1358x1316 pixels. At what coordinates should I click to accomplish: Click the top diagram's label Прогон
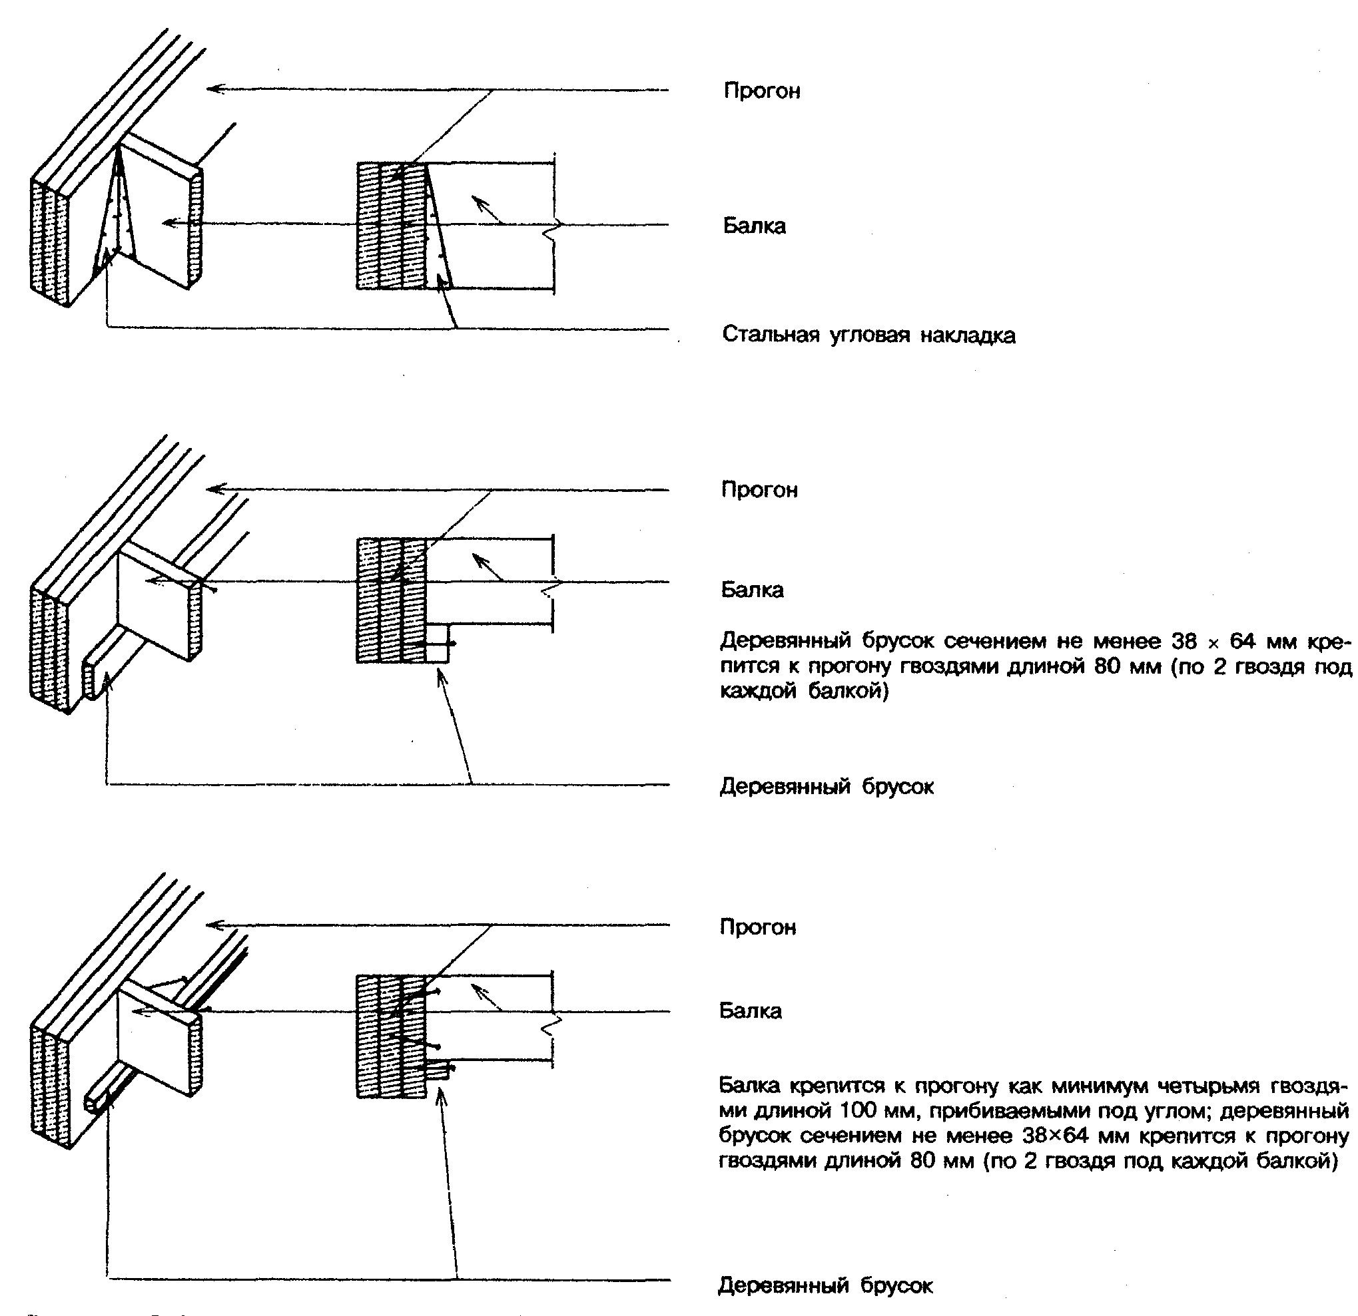[x=761, y=91]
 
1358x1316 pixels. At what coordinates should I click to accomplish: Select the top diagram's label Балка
[x=754, y=226]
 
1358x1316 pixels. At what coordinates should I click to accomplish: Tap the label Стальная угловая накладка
[x=868, y=335]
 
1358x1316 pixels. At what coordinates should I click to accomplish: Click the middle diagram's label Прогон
[x=759, y=491]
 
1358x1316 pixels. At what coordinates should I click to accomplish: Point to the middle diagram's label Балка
[x=752, y=590]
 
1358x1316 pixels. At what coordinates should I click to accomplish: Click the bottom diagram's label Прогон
[x=758, y=927]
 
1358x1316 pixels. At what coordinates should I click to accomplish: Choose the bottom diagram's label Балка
[x=751, y=1011]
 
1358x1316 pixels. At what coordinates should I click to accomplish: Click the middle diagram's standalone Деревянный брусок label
[x=827, y=787]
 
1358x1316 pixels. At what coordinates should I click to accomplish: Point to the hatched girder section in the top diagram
[x=391, y=226]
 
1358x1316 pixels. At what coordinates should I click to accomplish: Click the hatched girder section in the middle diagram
[x=391, y=600]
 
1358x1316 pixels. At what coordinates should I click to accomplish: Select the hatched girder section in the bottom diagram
[x=391, y=1036]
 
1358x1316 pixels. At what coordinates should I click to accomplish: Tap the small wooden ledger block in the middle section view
[x=437, y=644]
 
